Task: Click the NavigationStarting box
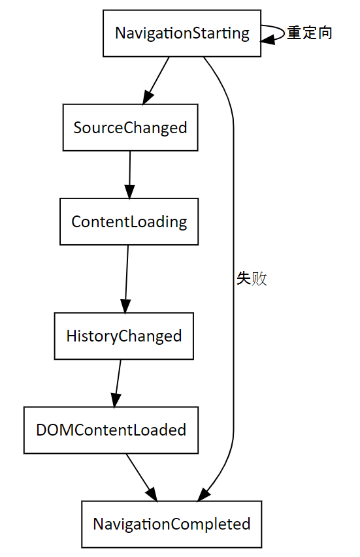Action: (182, 33)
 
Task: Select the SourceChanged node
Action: (130, 127)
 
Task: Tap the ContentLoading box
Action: (129, 221)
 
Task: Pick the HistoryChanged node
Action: (123, 336)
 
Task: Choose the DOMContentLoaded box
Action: (111, 430)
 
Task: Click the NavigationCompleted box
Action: (171, 524)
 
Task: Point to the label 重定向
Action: (309, 33)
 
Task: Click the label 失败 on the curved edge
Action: (252, 279)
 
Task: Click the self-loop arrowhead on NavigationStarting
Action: (268, 39)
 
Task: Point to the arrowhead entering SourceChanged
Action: (147, 97)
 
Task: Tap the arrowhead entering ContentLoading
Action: (129, 191)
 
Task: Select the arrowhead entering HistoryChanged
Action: (125, 306)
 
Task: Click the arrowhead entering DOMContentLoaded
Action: (116, 400)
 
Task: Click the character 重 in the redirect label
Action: (294, 33)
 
